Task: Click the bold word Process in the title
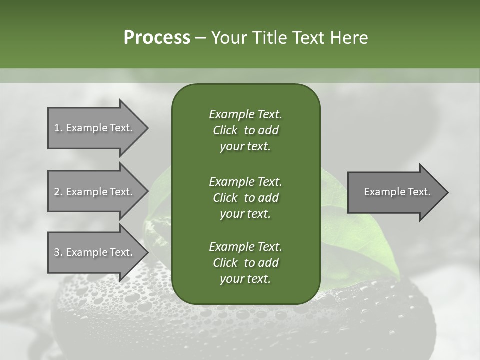pyautogui.click(x=157, y=37)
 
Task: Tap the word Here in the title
pyautogui.click(x=349, y=37)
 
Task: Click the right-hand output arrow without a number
pyautogui.click(x=395, y=192)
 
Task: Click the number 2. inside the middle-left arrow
pyautogui.click(x=58, y=192)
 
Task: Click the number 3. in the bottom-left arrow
pyautogui.click(x=58, y=252)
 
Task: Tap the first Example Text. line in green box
pyautogui.click(x=245, y=114)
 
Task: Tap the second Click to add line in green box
pyautogui.click(x=245, y=198)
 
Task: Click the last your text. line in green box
pyautogui.click(x=245, y=279)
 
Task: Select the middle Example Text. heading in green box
pyautogui.click(x=245, y=182)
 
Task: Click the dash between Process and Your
pyautogui.click(x=200, y=37)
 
